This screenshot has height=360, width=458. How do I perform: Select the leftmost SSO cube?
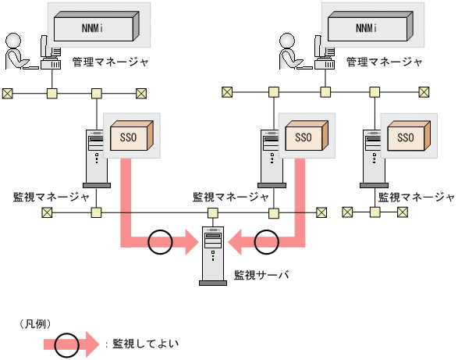coord(129,138)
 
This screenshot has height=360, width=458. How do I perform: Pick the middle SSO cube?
coord(304,138)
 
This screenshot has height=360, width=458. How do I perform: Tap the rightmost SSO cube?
coord(406,138)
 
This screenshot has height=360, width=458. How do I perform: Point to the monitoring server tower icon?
coord(212,254)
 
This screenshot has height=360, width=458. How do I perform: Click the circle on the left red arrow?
coord(160,242)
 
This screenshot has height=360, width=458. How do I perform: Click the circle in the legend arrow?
coord(67,344)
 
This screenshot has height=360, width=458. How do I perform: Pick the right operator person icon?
coord(290,52)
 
